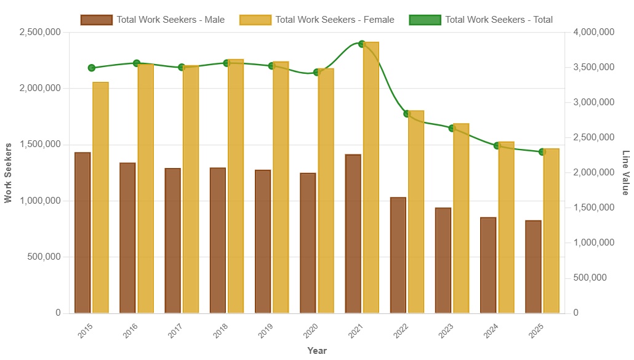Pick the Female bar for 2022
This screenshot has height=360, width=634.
click(416, 212)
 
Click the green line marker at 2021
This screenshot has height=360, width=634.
click(362, 44)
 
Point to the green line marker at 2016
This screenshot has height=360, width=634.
click(137, 63)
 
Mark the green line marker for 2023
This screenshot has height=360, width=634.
click(452, 128)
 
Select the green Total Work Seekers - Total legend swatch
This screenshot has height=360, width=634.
click(425, 20)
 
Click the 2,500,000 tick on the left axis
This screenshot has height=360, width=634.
click(40, 31)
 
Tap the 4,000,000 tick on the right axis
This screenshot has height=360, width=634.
click(593, 31)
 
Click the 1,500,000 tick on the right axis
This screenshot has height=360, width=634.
click(593, 207)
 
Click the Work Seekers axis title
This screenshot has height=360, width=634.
click(8, 172)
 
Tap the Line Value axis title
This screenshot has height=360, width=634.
click(626, 172)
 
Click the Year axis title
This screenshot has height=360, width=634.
click(317, 351)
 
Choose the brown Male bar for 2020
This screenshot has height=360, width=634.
click(308, 243)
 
